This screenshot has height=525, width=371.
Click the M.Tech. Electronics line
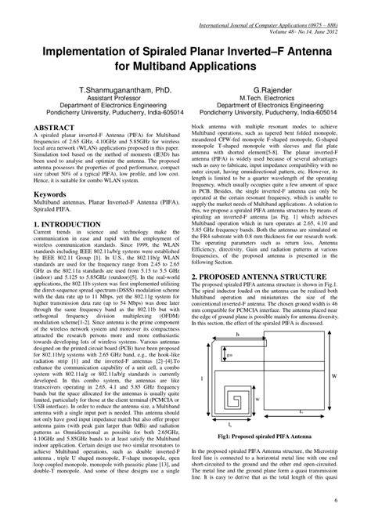coord(273,100)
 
